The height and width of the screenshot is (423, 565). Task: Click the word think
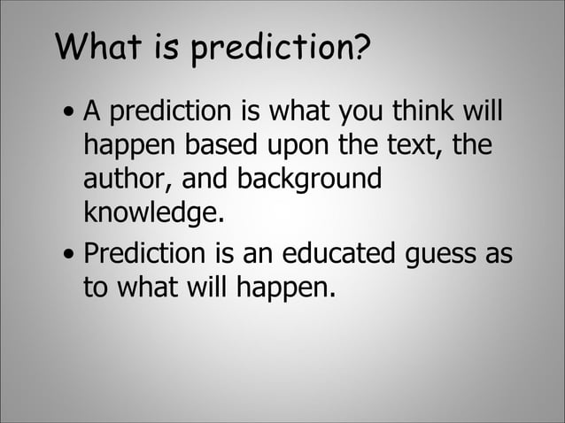414,112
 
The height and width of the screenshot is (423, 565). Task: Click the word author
126,178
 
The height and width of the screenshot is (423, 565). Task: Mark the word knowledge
149,211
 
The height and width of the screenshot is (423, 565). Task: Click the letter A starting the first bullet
90,112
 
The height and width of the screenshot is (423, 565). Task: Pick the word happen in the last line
288,289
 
